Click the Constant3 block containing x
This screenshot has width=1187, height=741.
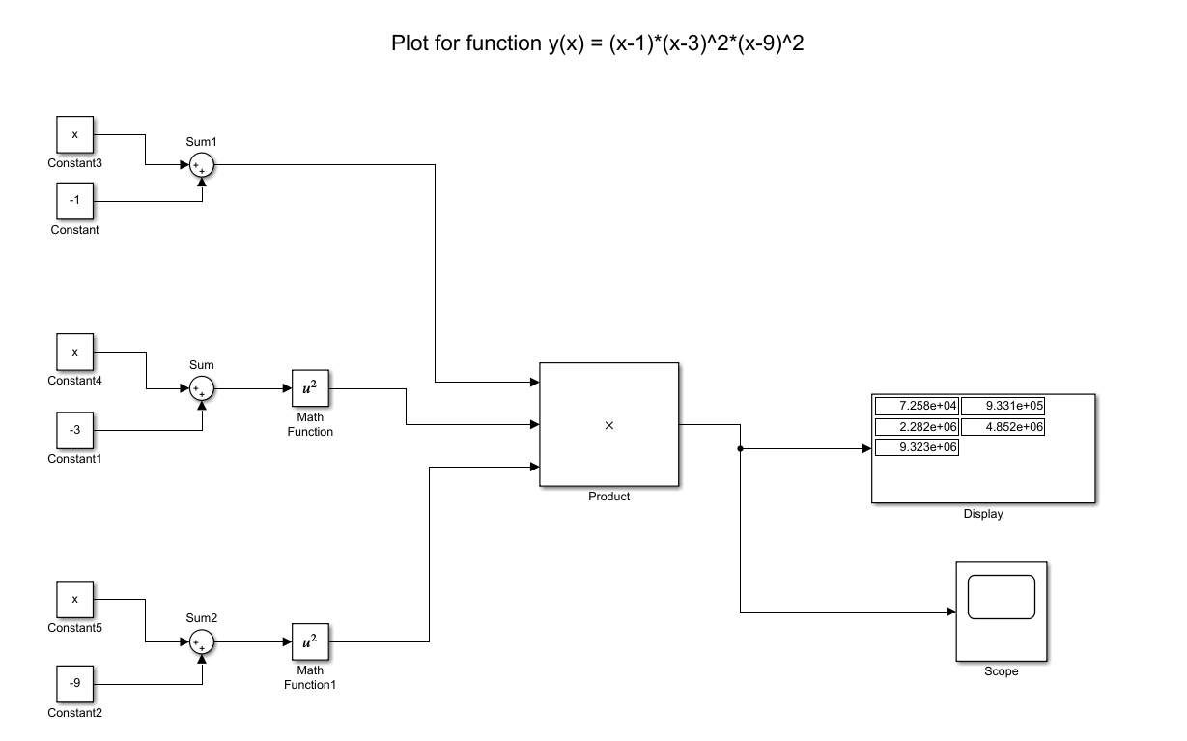point(74,134)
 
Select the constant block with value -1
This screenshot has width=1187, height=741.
point(74,201)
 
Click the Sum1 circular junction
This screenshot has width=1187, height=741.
point(201,166)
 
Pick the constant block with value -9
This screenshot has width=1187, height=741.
point(74,684)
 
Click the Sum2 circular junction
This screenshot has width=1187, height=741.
point(201,641)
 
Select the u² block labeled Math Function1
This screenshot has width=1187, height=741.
point(310,641)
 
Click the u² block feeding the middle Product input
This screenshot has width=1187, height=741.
point(310,388)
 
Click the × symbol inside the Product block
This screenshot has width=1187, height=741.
point(608,426)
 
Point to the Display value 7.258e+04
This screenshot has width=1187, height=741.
point(917,406)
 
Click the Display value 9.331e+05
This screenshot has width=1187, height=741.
point(1003,406)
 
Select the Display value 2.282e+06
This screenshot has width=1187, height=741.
point(917,426)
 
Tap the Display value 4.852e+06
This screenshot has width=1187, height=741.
point(1003,426)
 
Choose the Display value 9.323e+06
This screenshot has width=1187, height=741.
point(917,447)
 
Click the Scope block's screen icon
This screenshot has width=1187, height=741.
point(1001,597)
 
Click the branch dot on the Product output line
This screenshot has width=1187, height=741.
point(740,449)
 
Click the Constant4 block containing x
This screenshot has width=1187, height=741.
point(74,352)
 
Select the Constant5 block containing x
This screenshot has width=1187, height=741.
point(74,599)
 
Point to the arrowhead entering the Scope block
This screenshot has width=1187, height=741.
point(949,612)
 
